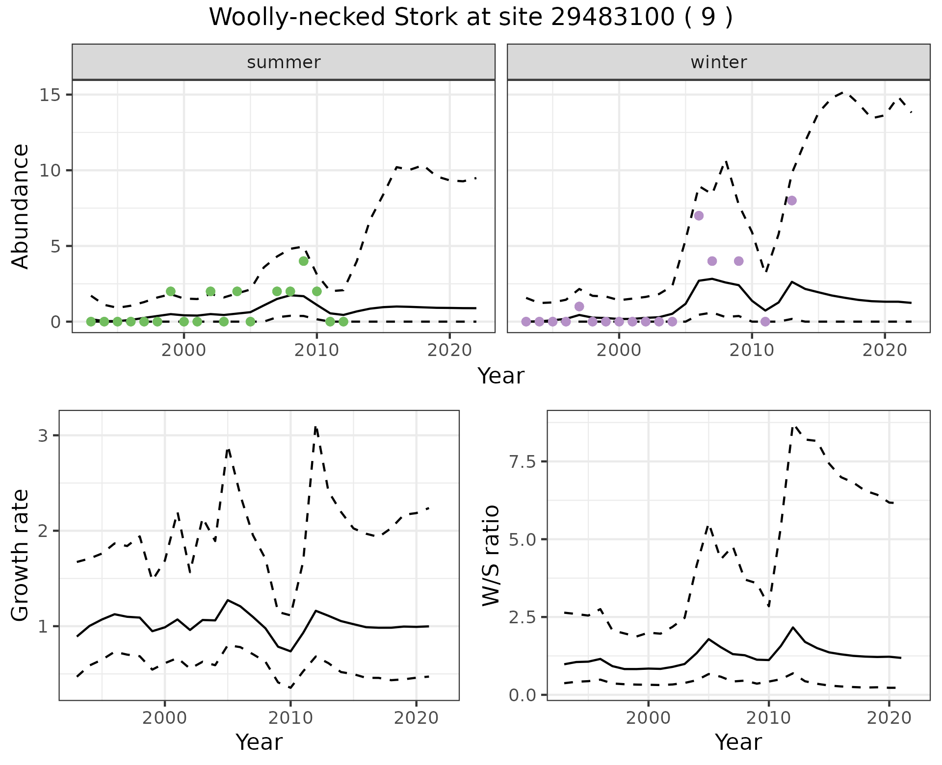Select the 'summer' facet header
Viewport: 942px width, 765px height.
284,62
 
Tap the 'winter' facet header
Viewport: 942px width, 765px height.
718,62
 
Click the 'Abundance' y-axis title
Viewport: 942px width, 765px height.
21,206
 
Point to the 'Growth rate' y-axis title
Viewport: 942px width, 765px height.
21,555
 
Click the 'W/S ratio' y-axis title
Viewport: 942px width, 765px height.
491,555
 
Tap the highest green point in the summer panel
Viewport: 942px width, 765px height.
304,261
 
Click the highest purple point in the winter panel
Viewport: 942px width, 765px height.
791,201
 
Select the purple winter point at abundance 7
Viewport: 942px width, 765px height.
699,216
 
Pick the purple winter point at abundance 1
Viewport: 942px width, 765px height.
579,306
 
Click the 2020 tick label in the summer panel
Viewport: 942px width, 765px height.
449,351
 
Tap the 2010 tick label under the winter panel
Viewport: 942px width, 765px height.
752,351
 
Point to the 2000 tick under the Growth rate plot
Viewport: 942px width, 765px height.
165,718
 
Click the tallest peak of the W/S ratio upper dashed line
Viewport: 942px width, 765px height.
794,426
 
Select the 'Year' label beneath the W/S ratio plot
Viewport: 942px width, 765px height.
738,742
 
